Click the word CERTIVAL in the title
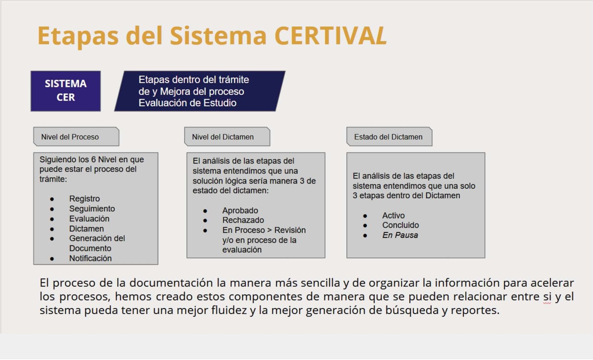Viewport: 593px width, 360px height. coord(330,36)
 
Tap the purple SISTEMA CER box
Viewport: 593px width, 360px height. coord(66,91)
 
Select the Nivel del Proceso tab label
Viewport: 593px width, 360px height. coord(70,137)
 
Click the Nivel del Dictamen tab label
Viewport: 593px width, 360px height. coord(223,137)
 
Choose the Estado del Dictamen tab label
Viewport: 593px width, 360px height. coord(388,137)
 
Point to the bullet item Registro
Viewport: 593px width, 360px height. coord(85,199)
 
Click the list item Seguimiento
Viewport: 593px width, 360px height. coord(92,209)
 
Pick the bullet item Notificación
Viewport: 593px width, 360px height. coord(90,258)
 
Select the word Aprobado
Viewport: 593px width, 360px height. coord(240,211)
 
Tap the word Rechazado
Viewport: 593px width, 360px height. coord(243,220)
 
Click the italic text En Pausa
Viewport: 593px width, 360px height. coord(400,235)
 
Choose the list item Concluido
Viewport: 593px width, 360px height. coord(400,225)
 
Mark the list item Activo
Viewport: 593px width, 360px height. coord(393,216)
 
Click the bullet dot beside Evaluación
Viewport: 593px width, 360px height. coord(52,219)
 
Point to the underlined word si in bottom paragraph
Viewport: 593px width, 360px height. coord(547,297)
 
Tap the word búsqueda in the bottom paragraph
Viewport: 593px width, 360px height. coord(412,310)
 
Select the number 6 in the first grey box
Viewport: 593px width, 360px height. coord(93,159)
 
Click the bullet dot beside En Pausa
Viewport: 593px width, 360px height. coord(365,235)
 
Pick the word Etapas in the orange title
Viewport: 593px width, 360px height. coord(78,37)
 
